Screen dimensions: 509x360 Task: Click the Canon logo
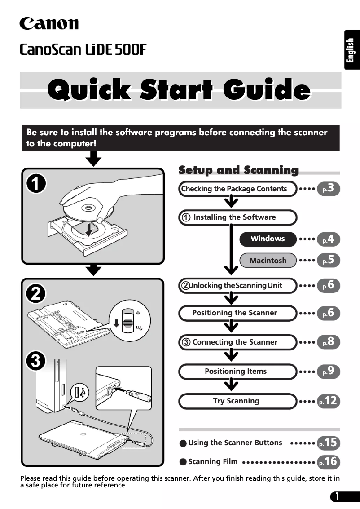(x=49, y=23)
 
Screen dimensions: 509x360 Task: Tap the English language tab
(x=351, y=50)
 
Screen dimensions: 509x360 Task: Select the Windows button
(x=268, y=239)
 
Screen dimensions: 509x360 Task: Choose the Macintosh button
(x=268, y=261)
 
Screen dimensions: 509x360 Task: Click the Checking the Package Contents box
(x=237, y=189)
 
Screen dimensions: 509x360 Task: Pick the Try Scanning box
(x=237, y=401)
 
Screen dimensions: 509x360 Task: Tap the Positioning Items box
(x=237, y=372)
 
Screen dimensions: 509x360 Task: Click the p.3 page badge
(x=328, y=189)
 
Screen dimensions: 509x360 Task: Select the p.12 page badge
(x=328, y=401)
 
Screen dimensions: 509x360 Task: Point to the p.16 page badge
(x=328, y=461)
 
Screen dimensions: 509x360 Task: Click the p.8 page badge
(x=328, y=342)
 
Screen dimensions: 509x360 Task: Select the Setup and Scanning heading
(x=238, y=170)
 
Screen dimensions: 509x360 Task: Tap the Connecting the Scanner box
(x=237, y=342)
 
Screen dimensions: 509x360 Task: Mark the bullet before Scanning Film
(x=183, y=462)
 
